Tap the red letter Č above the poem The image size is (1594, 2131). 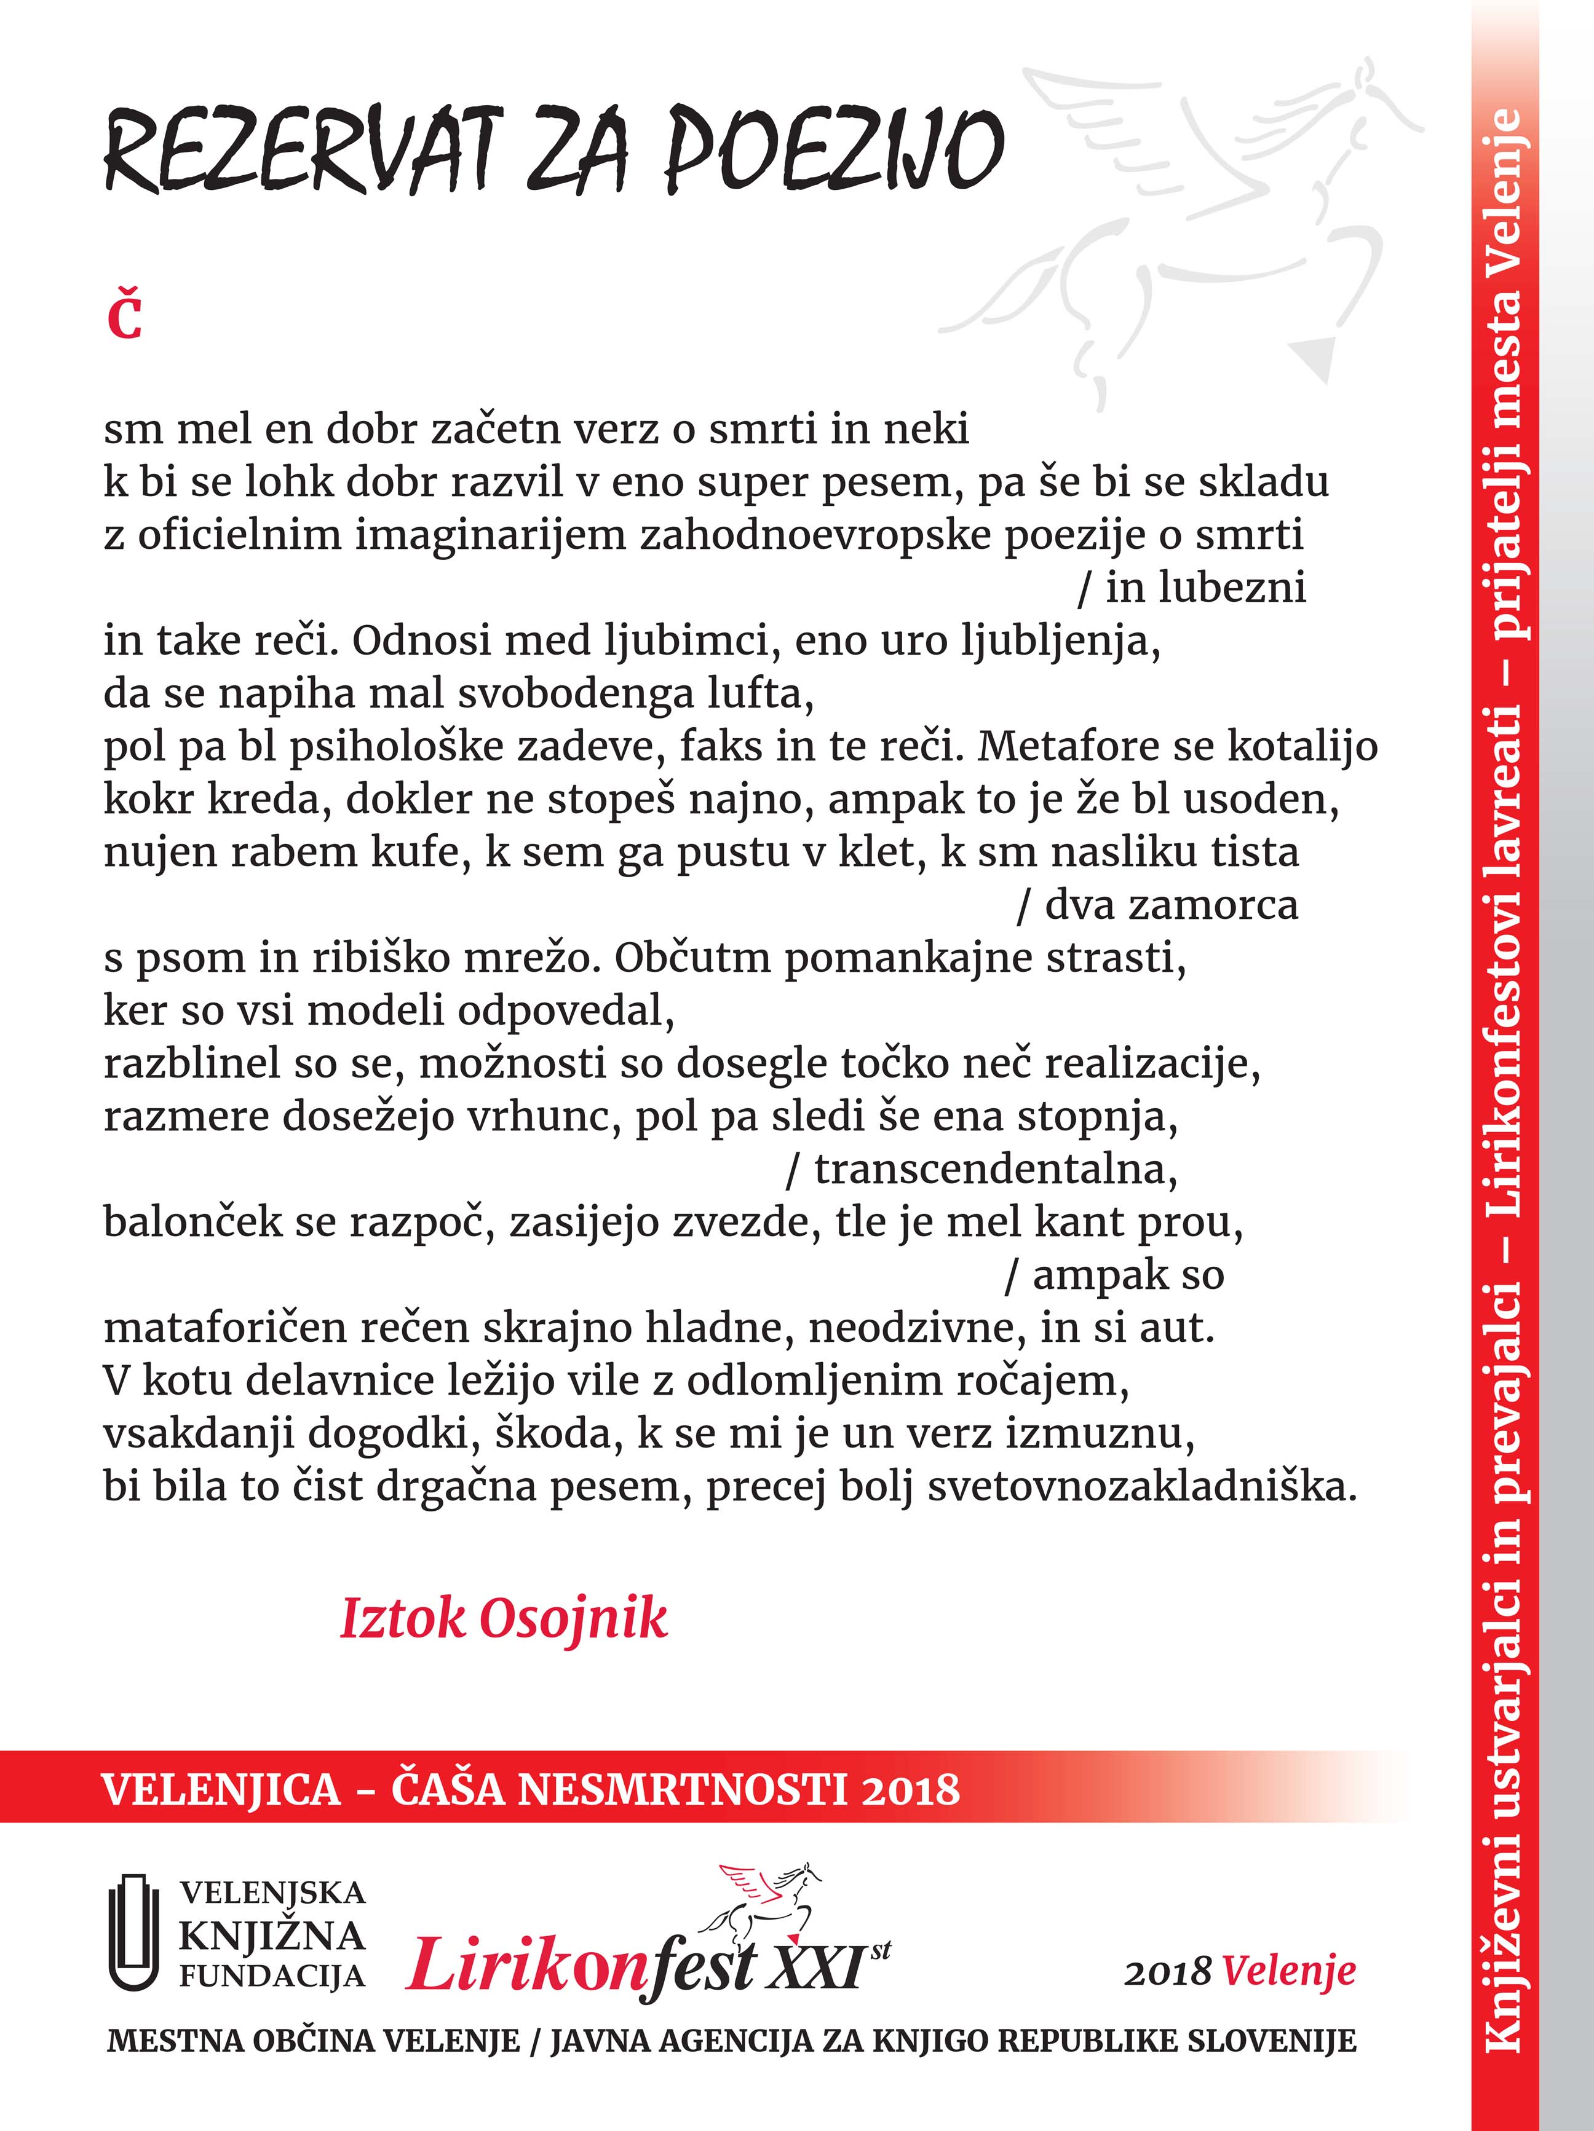(x=124, y=318)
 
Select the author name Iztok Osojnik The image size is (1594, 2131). (x=503, y=1618)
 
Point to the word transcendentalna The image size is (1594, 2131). (x=996, y=1170)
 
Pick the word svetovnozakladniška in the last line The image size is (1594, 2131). (x=1142, y=1486)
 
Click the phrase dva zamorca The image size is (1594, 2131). (x=1171, y=905)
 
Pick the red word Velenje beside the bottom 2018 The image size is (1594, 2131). (x=1290, y=1972)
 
